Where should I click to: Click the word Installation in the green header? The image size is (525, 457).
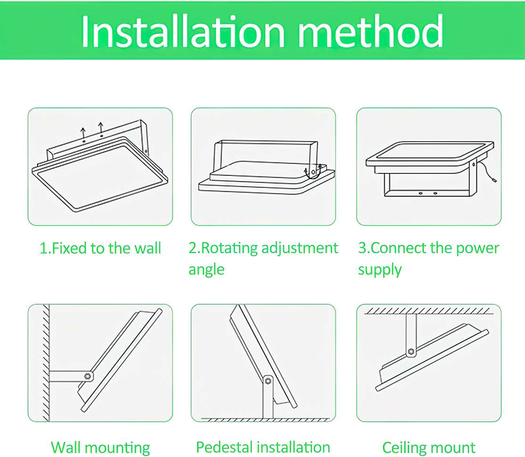pyautogui.click(x=183, y=32)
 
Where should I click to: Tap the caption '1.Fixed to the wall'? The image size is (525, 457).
pyautogui.click(x=100, y=248)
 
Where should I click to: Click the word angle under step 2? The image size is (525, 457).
pyautogui.click(x=206, y=270)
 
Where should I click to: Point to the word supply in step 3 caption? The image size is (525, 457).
pyautogui.click(x=380, y=270)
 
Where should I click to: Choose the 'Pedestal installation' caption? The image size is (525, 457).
pyautogui.click(x=263, y=447)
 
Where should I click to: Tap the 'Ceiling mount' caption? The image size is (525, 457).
pyautogui.click(x=428, y=448)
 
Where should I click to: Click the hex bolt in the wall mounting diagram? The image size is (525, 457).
pyautogui.click(x=88, y=376)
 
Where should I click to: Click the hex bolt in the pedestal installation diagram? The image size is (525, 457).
pyautogui.click(x=268, y=381)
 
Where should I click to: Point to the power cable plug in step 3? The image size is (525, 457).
pyautogui.click(x=494, y=180)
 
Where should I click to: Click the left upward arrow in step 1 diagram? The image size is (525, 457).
pyautogui.click(x=83, y=133)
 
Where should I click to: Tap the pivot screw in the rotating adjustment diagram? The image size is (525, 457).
pyautogui.click(x=313, y=172)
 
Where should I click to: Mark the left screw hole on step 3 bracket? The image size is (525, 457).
pyautogui.click(x=421, y=194)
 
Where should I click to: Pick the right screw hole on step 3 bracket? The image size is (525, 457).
pyautogui.click(x=435, y=193)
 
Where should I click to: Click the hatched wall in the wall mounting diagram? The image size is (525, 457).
pyautogui.click(x=46, y=363)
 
